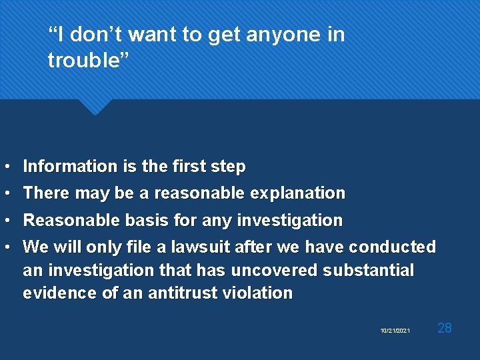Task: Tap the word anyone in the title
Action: pos(275,34)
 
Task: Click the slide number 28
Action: pos(444,327)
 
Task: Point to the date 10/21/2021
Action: pos(395,331)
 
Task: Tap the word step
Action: pos(229,166)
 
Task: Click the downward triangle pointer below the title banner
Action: pos(95,107)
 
